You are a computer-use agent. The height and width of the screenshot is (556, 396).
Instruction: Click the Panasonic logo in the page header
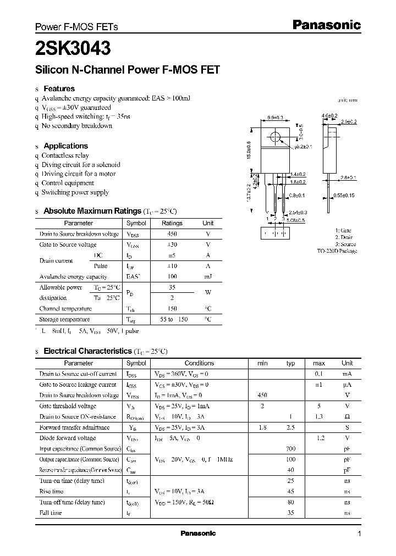pos(326,25)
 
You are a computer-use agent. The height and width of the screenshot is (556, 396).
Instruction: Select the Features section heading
pos(59,88)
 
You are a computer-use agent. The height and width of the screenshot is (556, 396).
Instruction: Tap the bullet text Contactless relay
pos(65,155)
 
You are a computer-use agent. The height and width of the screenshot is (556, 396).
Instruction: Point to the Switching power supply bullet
pos(75,192)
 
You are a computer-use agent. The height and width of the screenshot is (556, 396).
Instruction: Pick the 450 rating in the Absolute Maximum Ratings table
pos(172,234)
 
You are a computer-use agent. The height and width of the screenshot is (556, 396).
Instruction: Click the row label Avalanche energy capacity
pos(73,277)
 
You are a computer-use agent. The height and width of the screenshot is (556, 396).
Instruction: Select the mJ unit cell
pos(208,277)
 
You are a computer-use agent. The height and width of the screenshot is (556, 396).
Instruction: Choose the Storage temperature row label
pos(64,319)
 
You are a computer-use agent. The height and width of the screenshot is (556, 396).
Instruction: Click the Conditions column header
pos(199,363)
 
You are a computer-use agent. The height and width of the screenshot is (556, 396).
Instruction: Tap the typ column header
pos(291,363)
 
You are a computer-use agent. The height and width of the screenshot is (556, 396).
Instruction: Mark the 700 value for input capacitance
pos(291,449)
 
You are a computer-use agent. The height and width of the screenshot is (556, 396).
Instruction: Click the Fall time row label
pos(51,513)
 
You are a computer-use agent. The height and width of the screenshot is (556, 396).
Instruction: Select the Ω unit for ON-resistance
pos(347,417)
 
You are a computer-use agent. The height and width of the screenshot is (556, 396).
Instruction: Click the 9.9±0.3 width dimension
pos(276,118)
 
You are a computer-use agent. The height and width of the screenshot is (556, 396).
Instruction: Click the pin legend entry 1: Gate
pos(343,231)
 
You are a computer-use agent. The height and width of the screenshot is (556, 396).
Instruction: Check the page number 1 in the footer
pos(359,534)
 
